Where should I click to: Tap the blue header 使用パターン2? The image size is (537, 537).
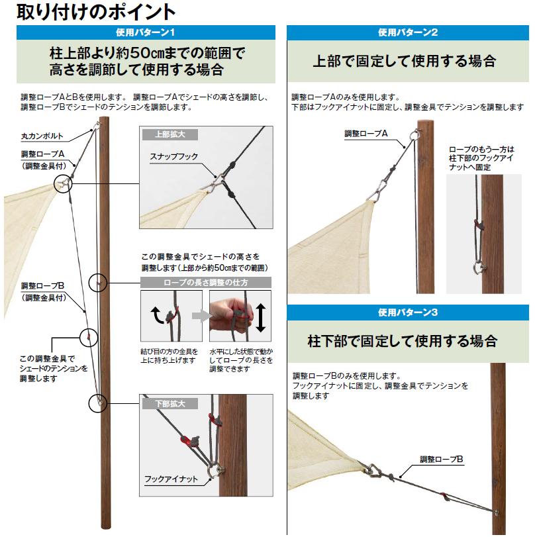[409, 32]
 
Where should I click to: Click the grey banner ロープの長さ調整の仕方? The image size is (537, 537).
[207, 283]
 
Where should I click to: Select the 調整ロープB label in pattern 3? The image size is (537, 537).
[441, 458]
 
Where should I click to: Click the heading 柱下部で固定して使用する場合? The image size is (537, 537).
[403, 342]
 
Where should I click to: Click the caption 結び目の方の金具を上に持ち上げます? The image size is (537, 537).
[170, 356]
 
